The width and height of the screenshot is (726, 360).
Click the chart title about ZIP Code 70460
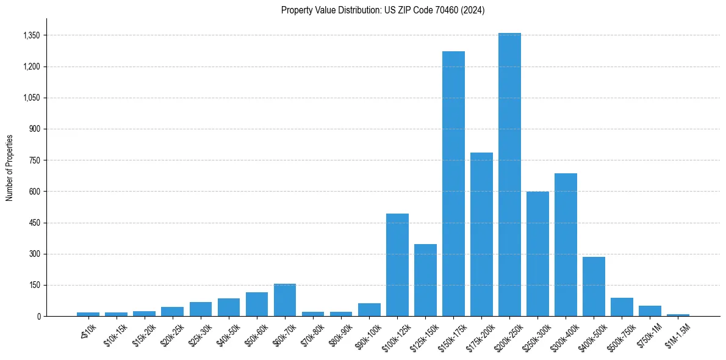pyautogui.click(x=383, y=10)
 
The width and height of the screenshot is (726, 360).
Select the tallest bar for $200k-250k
pyautogui.click(x=509, y=175)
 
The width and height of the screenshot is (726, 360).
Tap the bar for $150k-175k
pyautogui.click(x=453, y=184)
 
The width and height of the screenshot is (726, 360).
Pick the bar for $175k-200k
pyautogui.click(x=481, y=234)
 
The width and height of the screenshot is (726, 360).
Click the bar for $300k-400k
pyautogui.click(x=566, y=245)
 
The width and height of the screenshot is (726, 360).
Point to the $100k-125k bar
pyautogui.click(x=397, y=265)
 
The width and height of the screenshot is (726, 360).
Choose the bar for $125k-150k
pyautogui.click(x=425, y=280)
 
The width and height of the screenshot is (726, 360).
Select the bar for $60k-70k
pyautogui.click(x=285, y=300)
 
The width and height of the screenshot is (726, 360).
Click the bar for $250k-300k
pyautogui.click(x=537, y=254)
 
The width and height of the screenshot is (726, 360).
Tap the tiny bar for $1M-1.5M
pyautogui.click(x=678, y=315)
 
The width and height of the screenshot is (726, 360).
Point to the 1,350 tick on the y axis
pyautogui.click(x=31, y=35)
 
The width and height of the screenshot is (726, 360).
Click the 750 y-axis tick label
pyautogui.click(x=34, y=160)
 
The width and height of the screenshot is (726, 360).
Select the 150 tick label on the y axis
pyautogui.click(x=34, y=285)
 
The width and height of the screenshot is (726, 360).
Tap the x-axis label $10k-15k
pyautogui.click(x=115, y=335)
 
